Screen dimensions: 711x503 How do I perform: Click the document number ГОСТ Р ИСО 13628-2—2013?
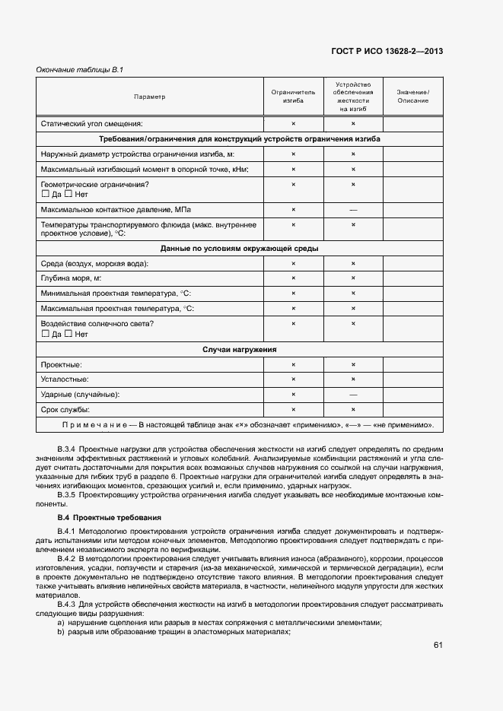pyautogui.click(x=387, y=52)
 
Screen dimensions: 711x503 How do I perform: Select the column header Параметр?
pyautogui.click(x=149, y=97)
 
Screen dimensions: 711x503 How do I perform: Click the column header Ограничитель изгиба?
pyautogui.click(x=293, y=97)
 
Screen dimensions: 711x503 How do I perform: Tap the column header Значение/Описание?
pyautogui.click(x=412, y=97)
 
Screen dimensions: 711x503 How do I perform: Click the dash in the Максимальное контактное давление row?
pyautogui.click(x=353, y=210)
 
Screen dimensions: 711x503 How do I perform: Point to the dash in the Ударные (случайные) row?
pyautogui.click(x=353, y=395)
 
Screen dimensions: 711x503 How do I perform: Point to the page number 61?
pyautogui.click(x=438, y=645)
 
